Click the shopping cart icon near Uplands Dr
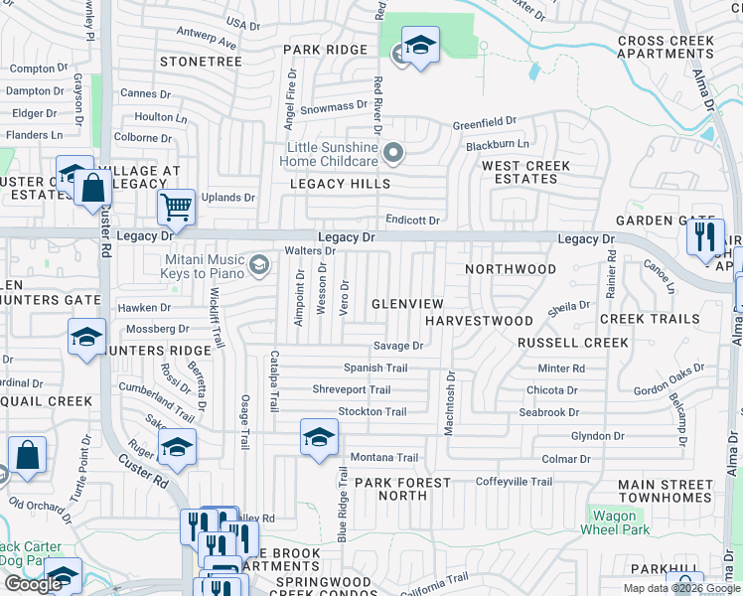[x=176, y=208]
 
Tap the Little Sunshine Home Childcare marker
[x=394, y=153]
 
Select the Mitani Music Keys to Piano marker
[x=259, y=263]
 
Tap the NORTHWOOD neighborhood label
[x=511, y=269]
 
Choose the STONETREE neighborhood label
[x=202, y=62]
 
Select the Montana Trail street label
[x=383, y=457]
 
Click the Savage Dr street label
[x=398, y=346]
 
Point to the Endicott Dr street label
[x=412, y=220]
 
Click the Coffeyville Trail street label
[x=514, y=482]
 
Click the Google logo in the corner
[x=33, y=584]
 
